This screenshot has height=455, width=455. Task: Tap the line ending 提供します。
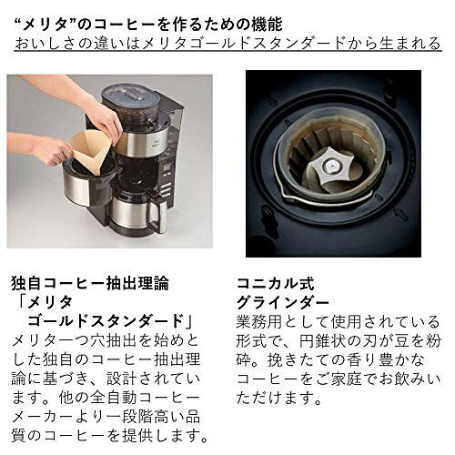(x=109, y=434)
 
